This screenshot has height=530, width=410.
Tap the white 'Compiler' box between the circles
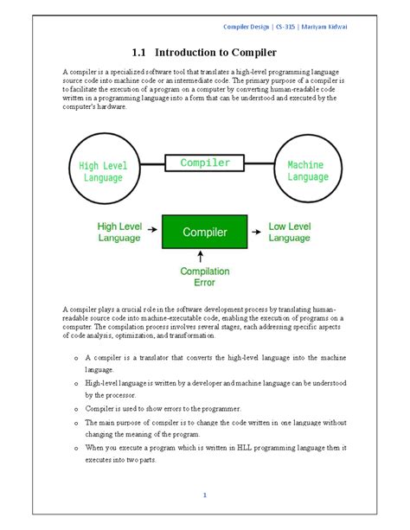coord(205,163)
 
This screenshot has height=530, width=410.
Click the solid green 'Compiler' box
coord(205,232)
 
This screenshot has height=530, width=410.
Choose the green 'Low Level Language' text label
coord(290,231)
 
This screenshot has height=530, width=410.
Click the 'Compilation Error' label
coord(205,276)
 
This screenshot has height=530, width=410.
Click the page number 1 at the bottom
coord(205,495)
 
